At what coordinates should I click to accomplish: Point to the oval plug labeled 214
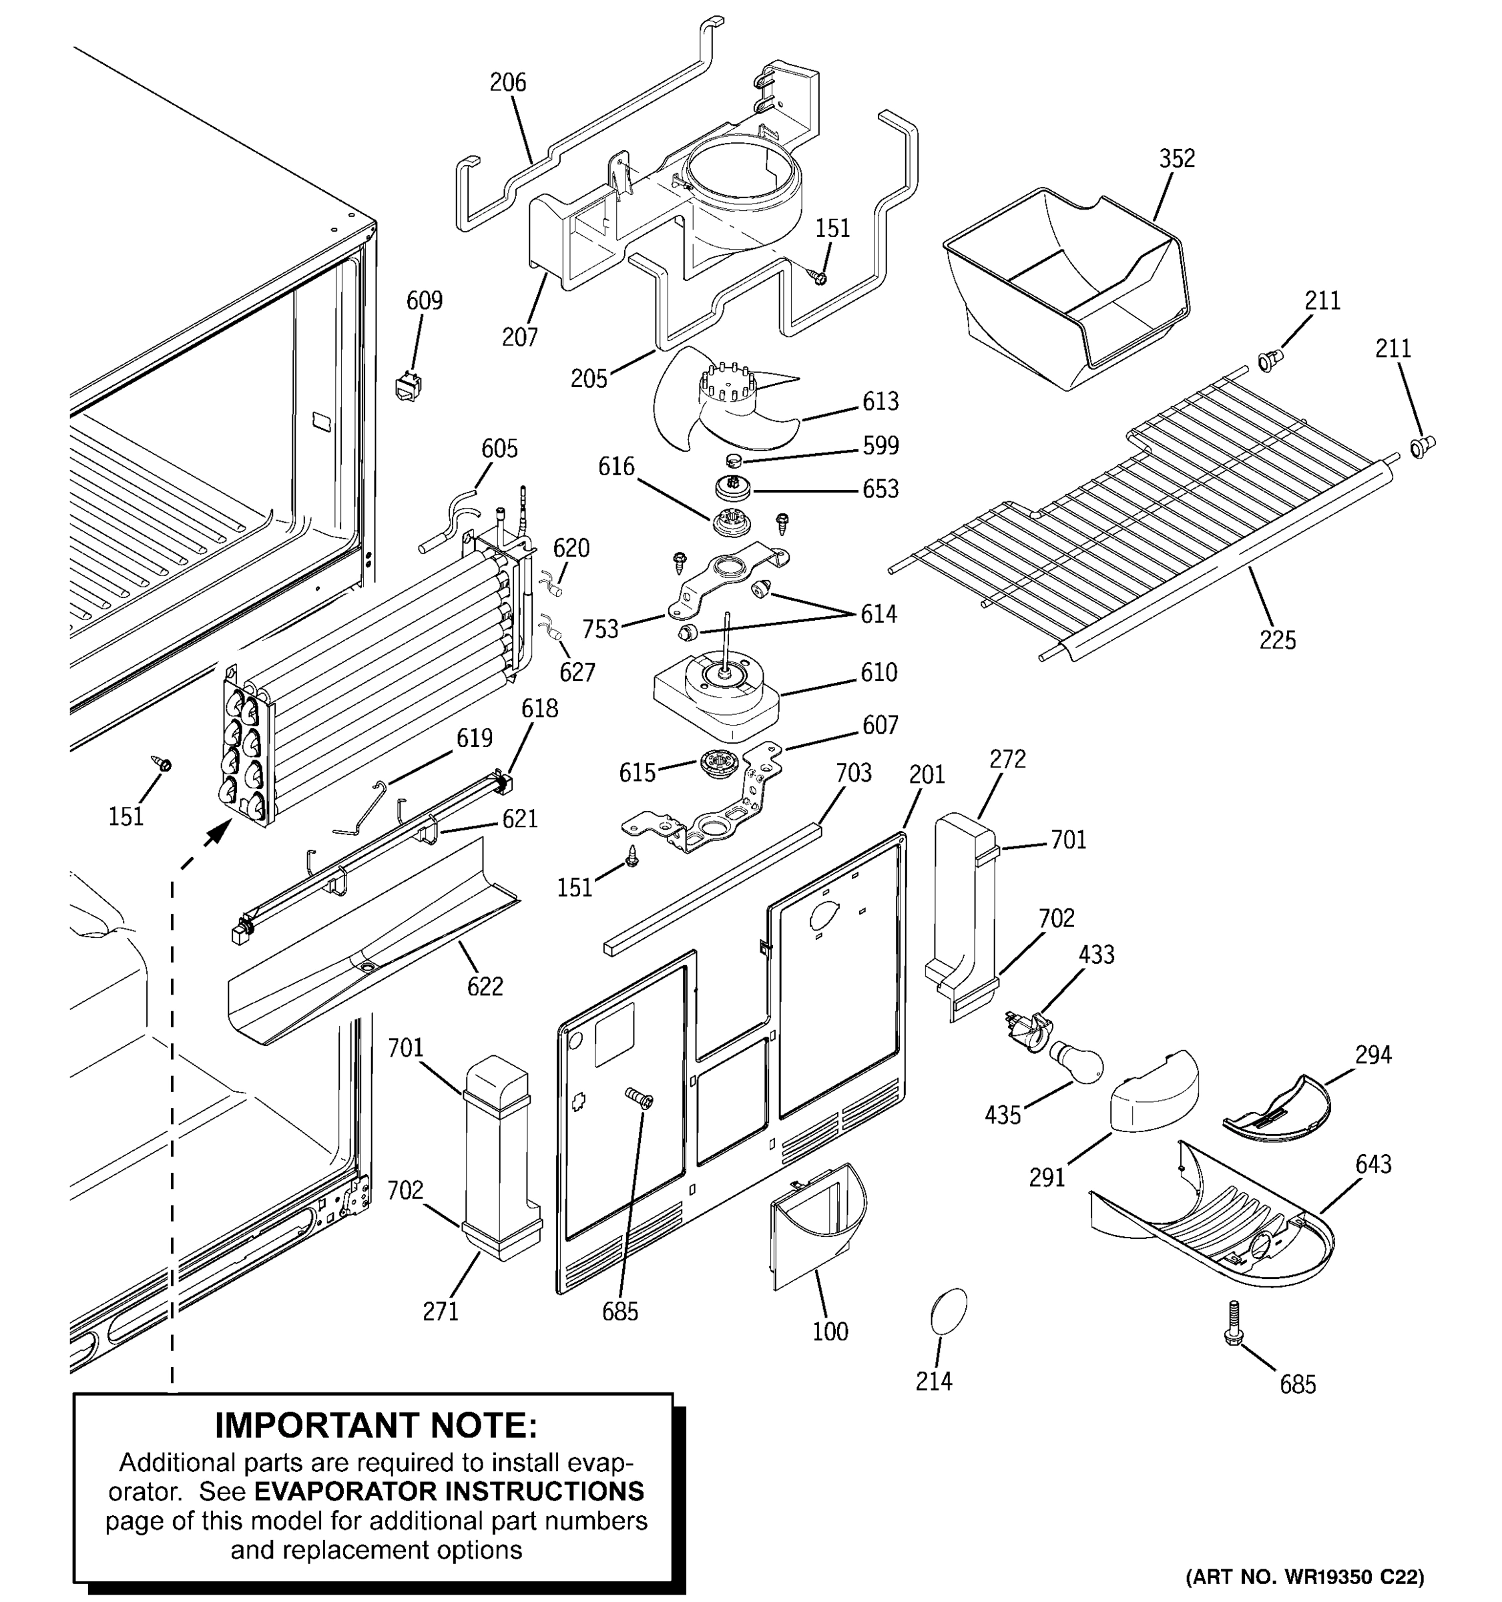tap(949, 1311)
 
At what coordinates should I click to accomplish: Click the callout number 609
tap(424, 300)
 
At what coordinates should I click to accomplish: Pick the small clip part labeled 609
tap(409, 386)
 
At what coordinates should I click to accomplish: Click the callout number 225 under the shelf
tap(1277, 641)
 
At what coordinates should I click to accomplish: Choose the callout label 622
tap(485, 987)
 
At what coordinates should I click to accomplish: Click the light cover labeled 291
tap(1154, 1094)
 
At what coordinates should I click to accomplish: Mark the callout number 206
tap(507, 82)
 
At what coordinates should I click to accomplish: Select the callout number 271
tap(441, 1312)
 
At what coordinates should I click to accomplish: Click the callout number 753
tap(600, 629)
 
